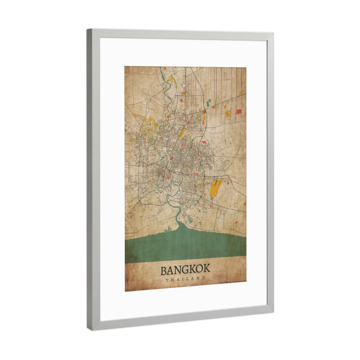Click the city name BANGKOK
click(185, 269)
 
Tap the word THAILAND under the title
click(185, 279)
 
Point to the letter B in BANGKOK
click(164, 269)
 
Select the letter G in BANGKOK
click(185, 269)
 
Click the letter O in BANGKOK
click(200, 269)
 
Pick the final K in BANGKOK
click(207, 269)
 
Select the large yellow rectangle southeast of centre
click(215, 188)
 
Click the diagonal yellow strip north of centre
click(179, 133)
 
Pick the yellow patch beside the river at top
click(171, 79)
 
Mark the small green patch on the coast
click(191, 220)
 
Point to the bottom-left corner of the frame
click(90, 328)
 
